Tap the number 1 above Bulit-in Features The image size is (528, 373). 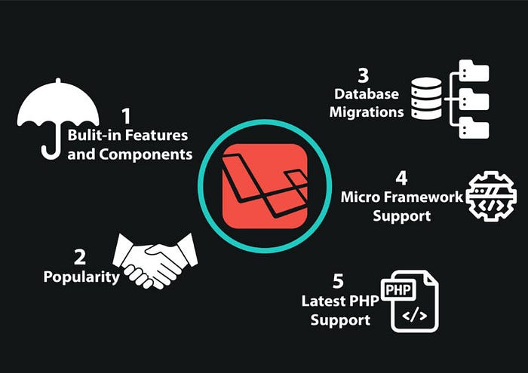[x=126, y=117]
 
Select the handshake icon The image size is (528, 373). [x=154, y=260]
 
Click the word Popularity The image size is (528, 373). [x=81, y=277]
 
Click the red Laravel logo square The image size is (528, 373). [x=265, y=185]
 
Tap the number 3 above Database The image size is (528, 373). [x=364, y=77]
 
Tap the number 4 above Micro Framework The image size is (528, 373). [x=401, y=179]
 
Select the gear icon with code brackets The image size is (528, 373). [x=491, y=194]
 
